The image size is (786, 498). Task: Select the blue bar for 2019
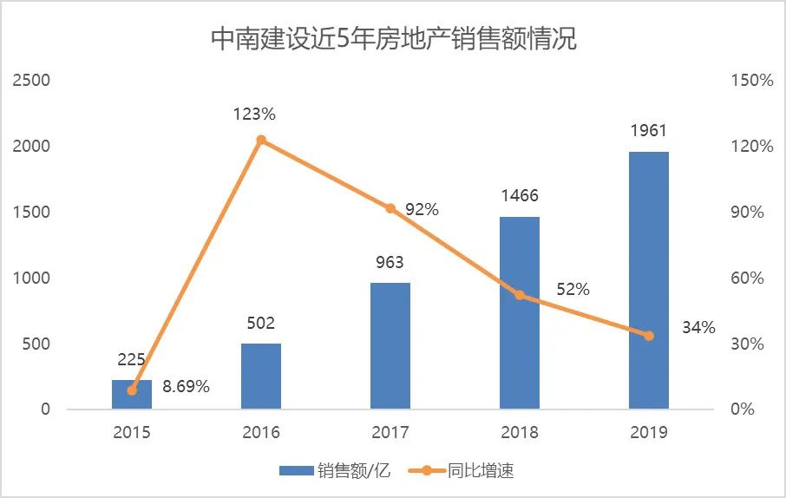649,279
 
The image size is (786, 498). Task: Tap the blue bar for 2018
520,312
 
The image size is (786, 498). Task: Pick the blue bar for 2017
390,345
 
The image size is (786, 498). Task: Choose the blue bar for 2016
261,376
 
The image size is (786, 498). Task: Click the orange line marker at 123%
261,140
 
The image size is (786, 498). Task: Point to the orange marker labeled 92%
390,208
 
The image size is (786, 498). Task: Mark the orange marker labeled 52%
520,295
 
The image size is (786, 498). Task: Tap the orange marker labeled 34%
649,335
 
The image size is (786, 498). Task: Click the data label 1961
649,131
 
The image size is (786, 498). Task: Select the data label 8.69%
186,387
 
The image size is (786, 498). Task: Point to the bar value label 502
261,324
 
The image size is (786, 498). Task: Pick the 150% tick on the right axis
751,81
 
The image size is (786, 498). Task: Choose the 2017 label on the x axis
390,432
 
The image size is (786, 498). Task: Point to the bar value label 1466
520,197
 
